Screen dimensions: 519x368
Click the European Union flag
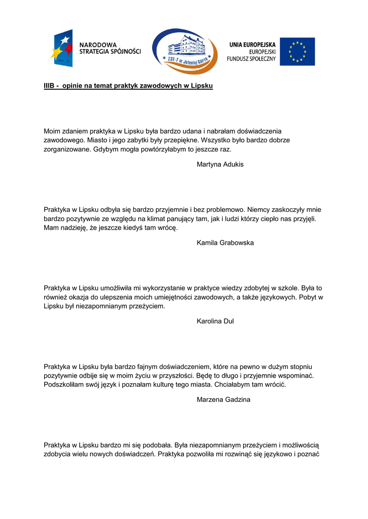tap(297, 51)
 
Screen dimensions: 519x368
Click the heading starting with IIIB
tap(128, 86)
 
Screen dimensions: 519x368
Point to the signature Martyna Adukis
tap(220, 164)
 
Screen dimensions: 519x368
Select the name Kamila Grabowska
tap(225, 243)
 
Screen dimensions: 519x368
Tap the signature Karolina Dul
tap(215, 321)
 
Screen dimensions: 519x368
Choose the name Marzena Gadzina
tap(223, 399)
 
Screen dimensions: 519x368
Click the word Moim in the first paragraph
tap(52, 131)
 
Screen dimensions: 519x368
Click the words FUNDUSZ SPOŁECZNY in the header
tap(251, 59)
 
